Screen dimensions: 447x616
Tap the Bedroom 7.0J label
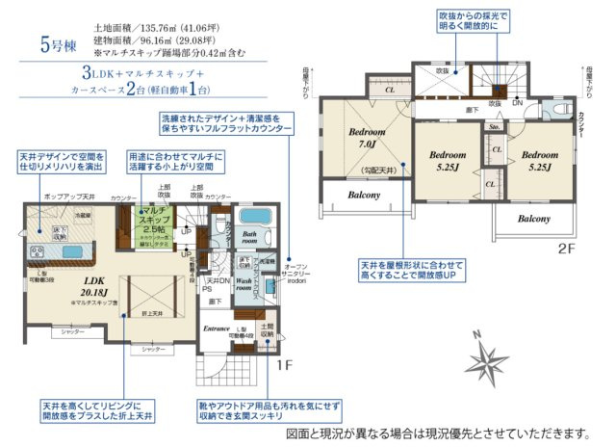point(367,137)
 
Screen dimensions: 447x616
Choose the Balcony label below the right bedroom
point(533,220)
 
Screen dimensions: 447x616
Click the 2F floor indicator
point(566,248)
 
